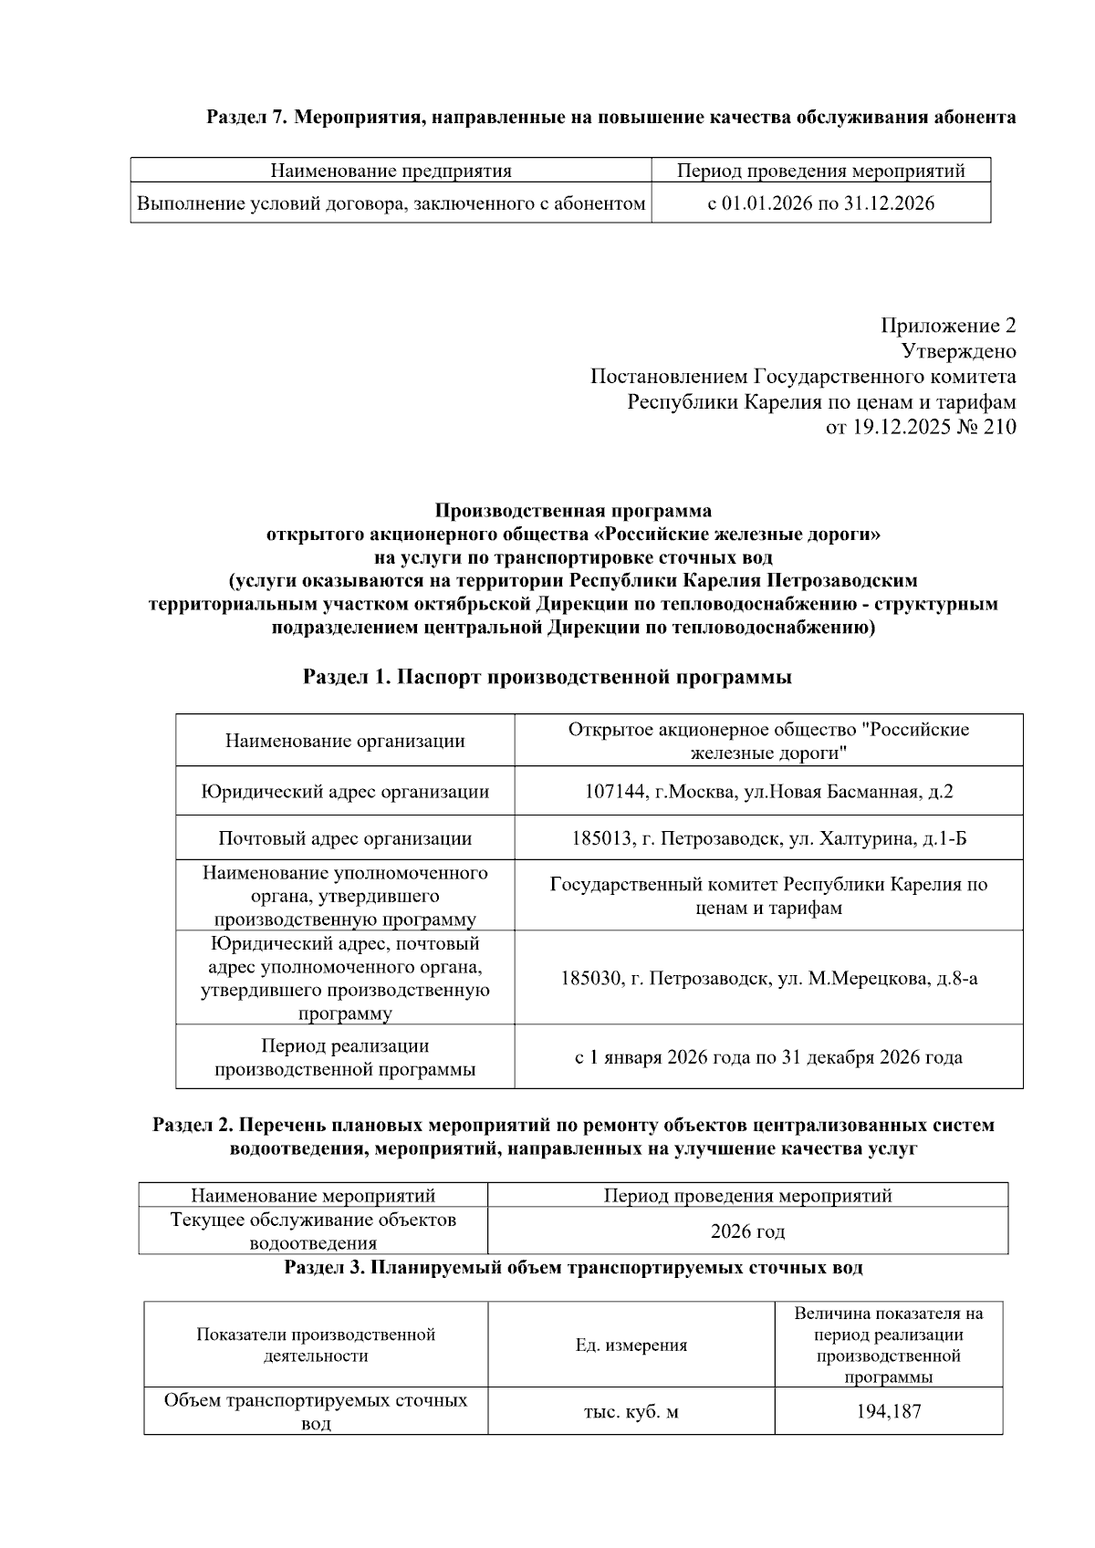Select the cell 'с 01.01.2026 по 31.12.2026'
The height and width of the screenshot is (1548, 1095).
(820, 203)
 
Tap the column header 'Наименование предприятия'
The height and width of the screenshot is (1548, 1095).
(391, 171)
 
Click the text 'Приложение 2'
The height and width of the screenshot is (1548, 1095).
(947, 326)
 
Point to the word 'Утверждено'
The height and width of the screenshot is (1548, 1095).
(958, 351)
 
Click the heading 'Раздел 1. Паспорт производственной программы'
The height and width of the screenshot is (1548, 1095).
(547, 677)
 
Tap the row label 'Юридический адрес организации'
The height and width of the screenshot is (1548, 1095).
(345, 792)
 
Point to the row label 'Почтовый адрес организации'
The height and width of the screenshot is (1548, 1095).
(345, 838)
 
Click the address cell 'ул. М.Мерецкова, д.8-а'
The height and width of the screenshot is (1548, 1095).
(876, 979)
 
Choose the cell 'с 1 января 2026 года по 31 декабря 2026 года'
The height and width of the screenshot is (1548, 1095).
(768, 1057)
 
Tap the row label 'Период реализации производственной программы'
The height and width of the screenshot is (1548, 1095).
(345, 1057)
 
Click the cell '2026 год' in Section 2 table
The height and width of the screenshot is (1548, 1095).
(747, 1231)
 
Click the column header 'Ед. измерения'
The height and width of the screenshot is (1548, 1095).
(631, 1345)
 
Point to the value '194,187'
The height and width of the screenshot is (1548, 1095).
(888, 1412)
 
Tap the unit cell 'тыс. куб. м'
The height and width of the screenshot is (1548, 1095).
(631, 1412)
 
